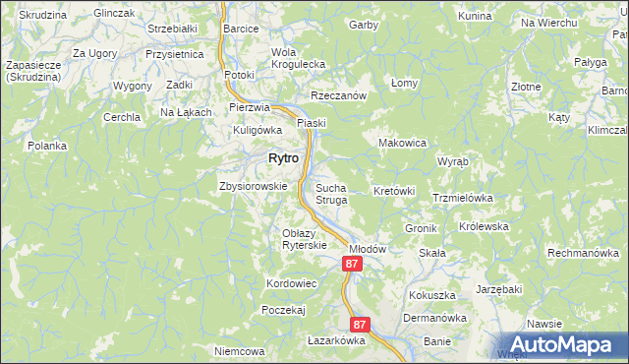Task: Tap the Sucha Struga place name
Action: click(331, 193)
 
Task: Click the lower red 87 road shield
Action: click(360, 324)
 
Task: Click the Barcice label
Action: click(240, 29)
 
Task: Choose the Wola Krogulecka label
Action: click(298, 58)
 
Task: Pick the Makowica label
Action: click(402, 143)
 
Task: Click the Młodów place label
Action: click(368, 250)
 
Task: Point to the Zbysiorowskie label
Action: click(253, 186)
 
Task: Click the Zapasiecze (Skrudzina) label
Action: click(34, 71)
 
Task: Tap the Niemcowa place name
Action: click(240, 351)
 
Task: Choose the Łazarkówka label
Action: click(336, 340)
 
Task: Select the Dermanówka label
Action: click(433, 318)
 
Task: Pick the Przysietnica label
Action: click(174, 54)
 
